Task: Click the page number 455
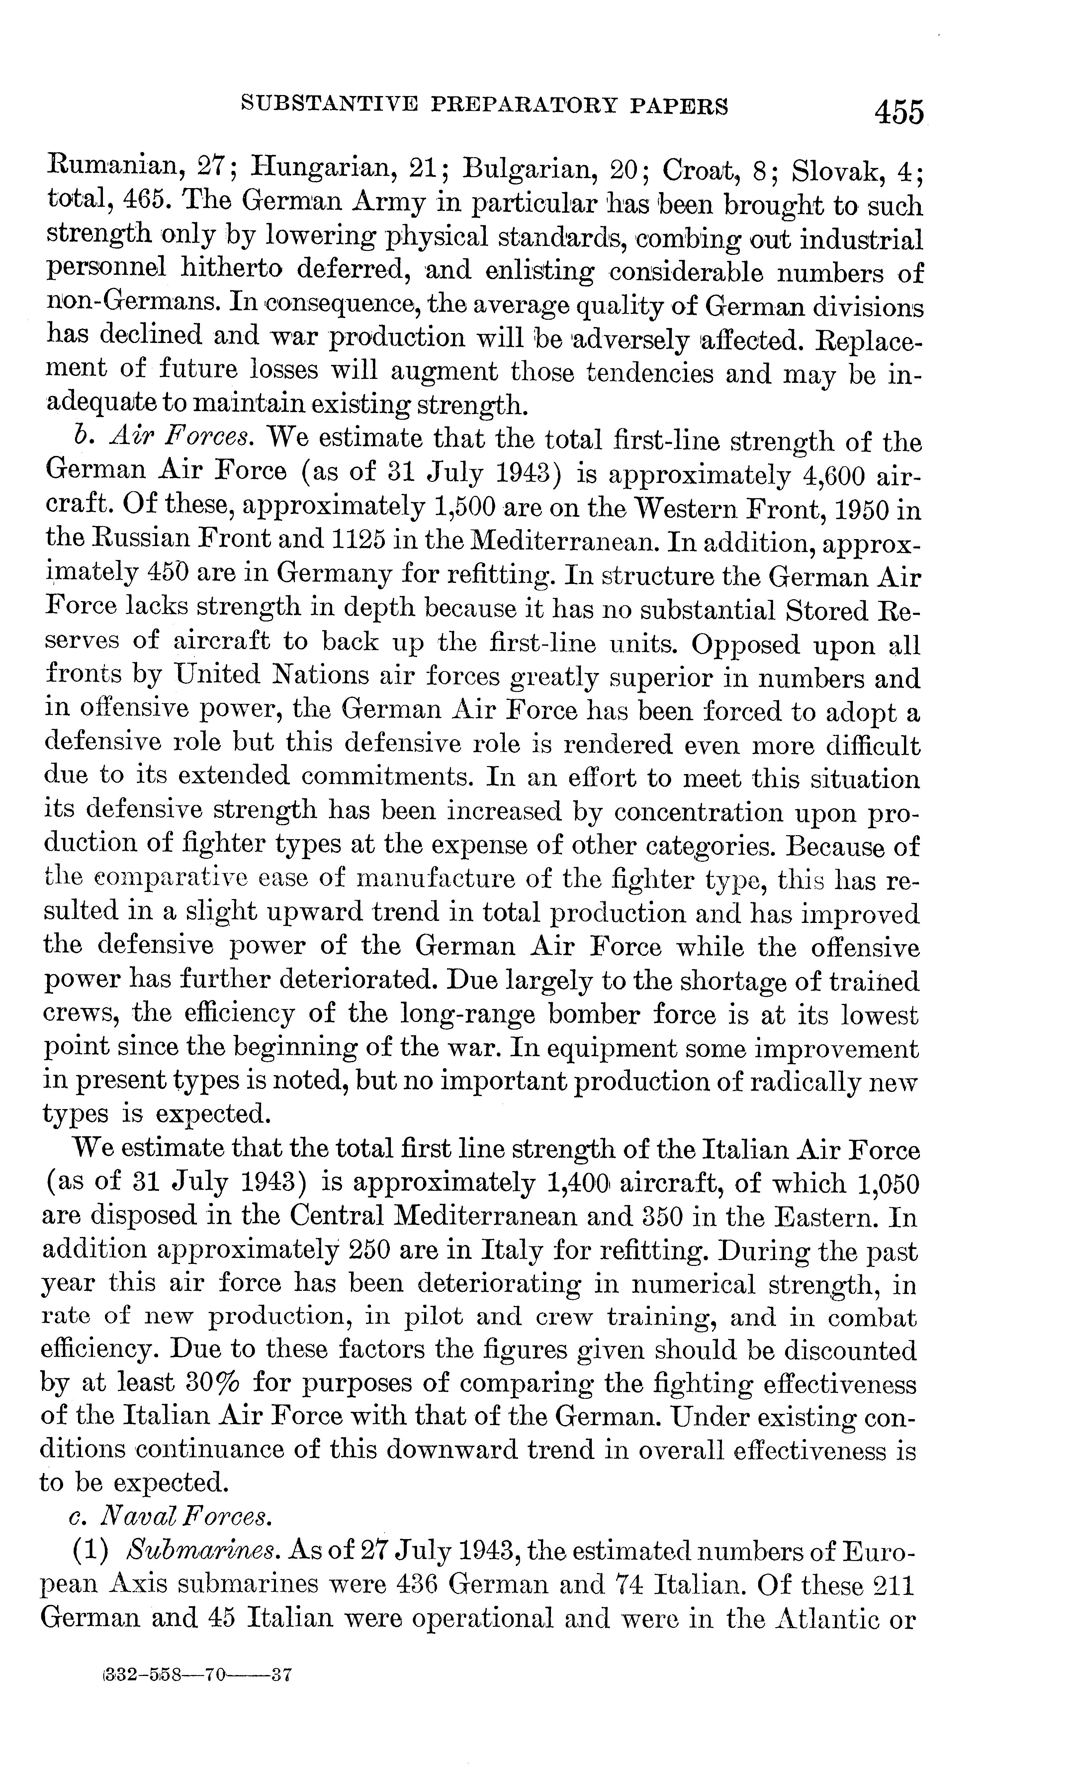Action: click(898, 112)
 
